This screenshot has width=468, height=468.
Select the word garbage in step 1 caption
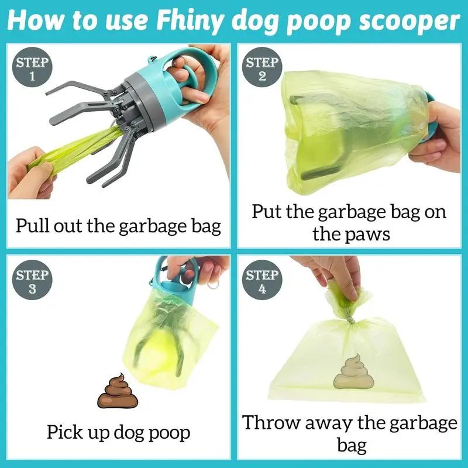click(x=159, y=226)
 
